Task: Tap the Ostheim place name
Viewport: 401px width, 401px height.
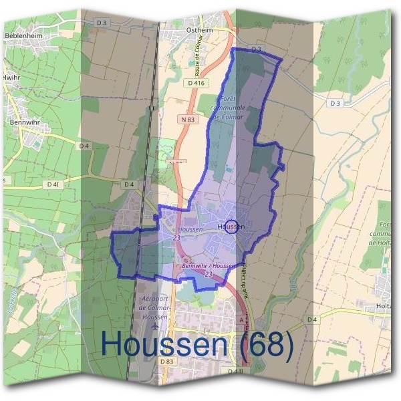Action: [x=198, y=31]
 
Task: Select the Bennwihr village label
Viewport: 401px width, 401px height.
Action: [x=21, y=124]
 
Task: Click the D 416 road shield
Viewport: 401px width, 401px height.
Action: [x=196, y=83]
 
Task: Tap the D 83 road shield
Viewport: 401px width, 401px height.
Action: [x=167, y=361]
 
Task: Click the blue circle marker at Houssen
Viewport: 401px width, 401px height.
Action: [x=231, y=227]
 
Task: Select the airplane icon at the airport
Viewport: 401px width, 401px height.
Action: [x=156, y=327]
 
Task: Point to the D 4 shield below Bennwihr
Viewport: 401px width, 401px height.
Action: [x=84, y=145]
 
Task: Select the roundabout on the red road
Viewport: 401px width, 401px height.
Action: [x=186, y=259]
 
